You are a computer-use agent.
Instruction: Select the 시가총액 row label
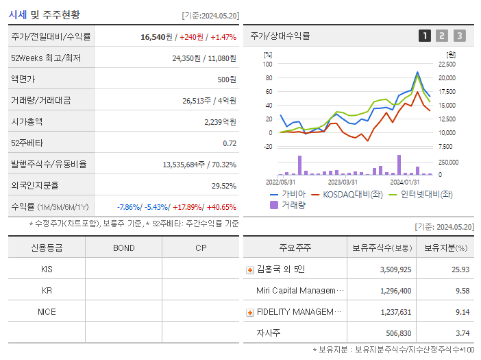(x=27, y=121)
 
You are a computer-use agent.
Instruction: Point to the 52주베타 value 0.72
(x=230, y=143)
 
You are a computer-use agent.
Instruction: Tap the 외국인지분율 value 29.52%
(x=224, y=186)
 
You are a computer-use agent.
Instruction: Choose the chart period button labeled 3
(x=459, y=36)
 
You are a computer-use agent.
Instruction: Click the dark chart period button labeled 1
(x=425, y=36)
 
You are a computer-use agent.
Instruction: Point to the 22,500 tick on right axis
(x=445, y=64)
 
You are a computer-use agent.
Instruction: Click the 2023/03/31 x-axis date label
(x=343, y=182)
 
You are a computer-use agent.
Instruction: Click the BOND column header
(x=123, y=248)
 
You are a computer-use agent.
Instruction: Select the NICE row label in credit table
(x=47, y=311)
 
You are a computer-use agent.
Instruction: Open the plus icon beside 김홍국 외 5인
(x=249, y=269)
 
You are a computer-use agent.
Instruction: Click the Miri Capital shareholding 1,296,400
(x=395, y=291)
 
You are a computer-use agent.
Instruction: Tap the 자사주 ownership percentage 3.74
(x=463, y=333)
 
